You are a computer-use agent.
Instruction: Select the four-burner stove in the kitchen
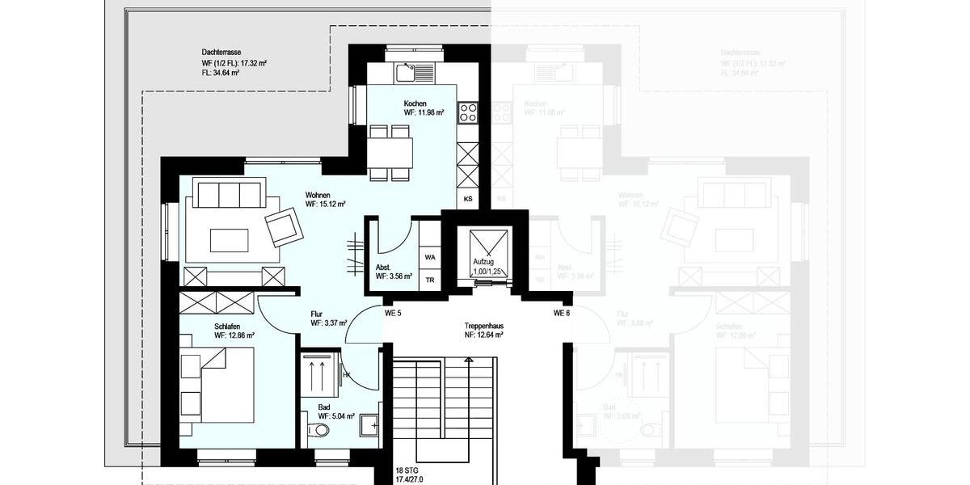(x=468, y=113)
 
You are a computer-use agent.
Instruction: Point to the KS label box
(x=468, y=198)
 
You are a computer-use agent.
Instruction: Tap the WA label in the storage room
(x=430, y=257)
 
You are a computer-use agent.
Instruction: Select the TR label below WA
(x=430, y=280)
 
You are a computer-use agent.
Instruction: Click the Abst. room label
(x=384, y=268)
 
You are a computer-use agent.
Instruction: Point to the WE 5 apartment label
(x=394, y=313)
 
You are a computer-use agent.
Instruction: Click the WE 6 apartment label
(x=563, y=313)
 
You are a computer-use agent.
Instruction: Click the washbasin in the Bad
(x=370, y=424)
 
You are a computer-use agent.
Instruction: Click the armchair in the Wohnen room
(x=281, y=226)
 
